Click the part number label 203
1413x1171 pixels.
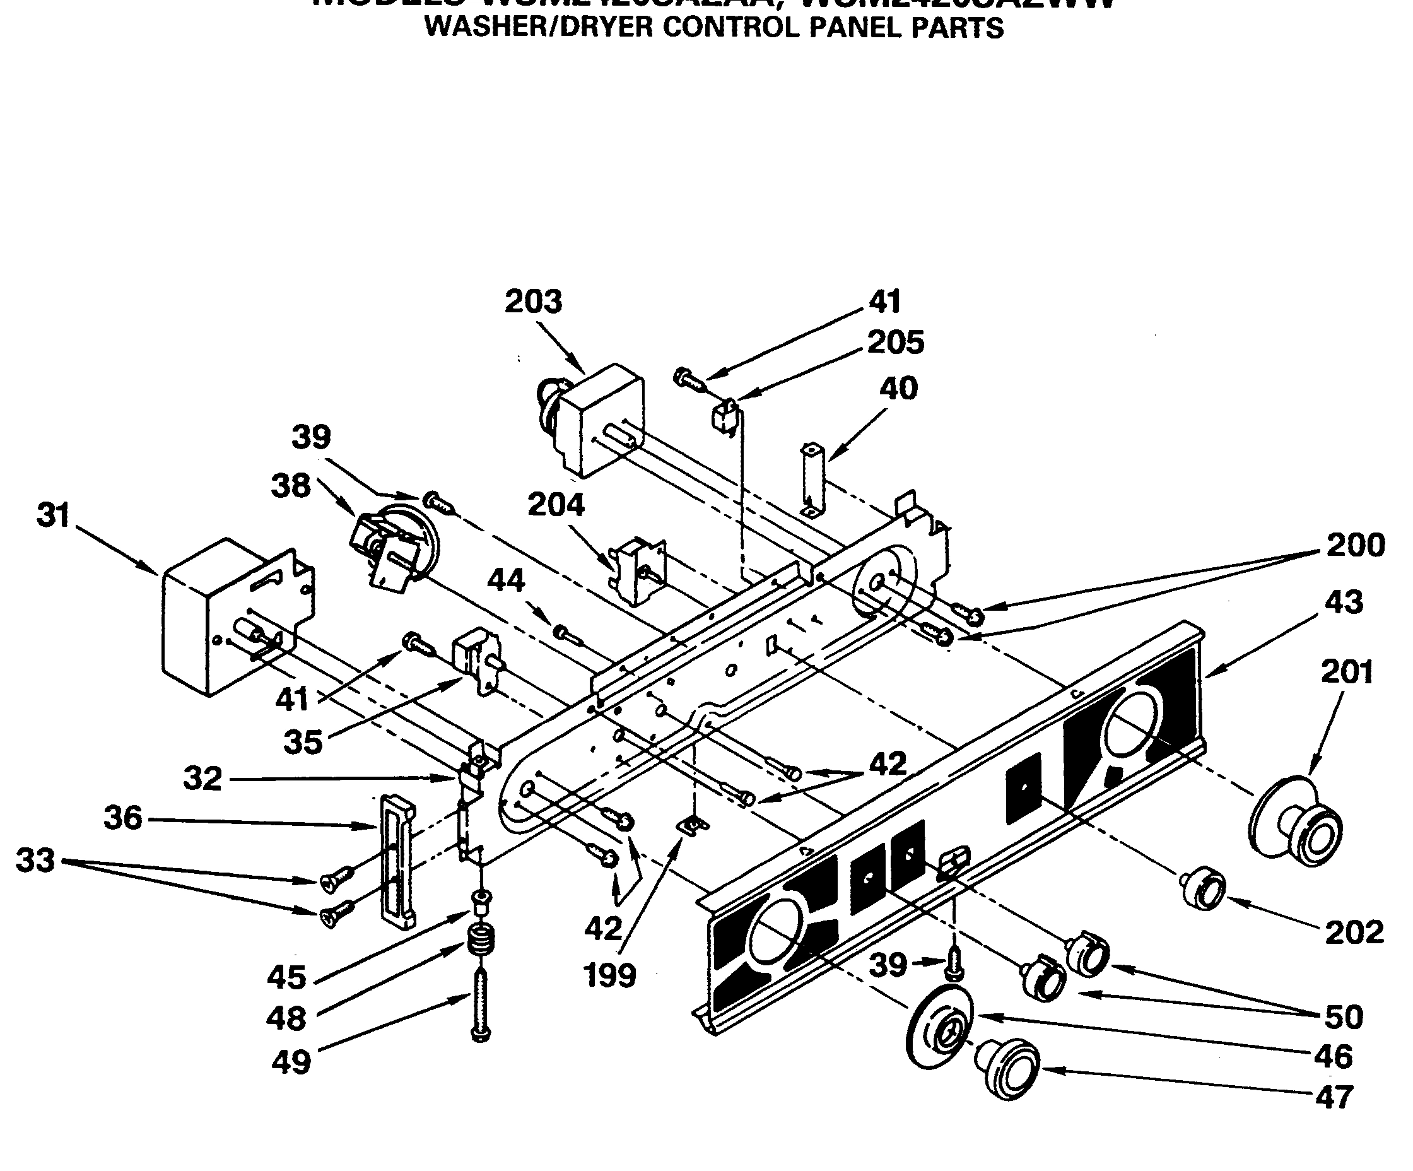pos(533,302)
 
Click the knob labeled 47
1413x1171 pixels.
pos(1007,1069)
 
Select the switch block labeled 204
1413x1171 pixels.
pos(638,571)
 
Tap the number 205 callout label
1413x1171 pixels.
pos(896,343)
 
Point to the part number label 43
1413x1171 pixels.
pos(1343,603)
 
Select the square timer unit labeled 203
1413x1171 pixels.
pos(599,421)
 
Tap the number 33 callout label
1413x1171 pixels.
pos(35,860)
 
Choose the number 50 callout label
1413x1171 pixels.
pos(1343,1017)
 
